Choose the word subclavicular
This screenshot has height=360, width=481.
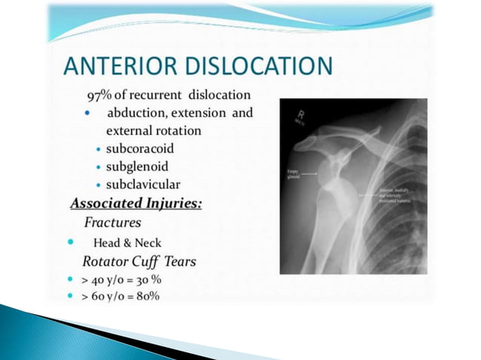pos(143,183)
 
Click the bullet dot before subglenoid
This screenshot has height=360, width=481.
pos(99,166)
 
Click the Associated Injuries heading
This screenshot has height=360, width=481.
pos(136,203)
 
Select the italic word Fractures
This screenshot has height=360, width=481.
pos(112,222)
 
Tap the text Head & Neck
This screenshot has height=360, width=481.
pos(126,243)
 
